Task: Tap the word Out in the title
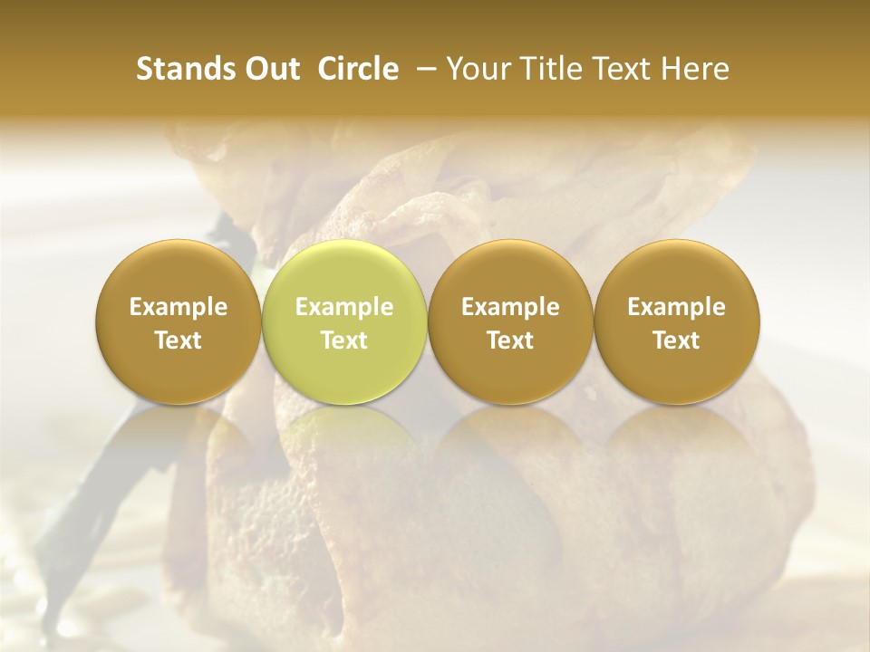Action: [271, 69]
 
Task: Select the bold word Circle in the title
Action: [357, 69]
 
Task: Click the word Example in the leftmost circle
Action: [179, 307]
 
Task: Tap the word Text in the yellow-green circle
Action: [344, 340]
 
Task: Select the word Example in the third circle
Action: [510, 307]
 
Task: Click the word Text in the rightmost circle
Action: [676, 340]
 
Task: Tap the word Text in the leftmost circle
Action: [179, 340]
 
